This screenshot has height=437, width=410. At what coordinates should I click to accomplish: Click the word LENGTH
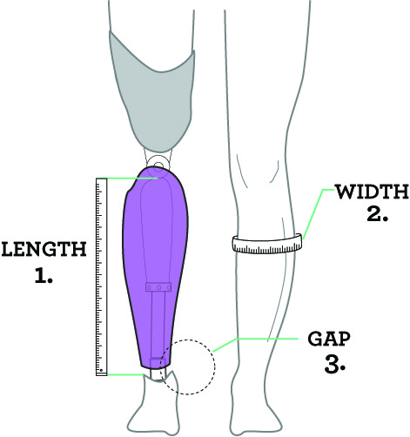point(44,249)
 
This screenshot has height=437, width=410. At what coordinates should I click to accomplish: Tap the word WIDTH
point(372,192)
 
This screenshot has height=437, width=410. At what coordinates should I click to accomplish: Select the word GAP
point(329,339)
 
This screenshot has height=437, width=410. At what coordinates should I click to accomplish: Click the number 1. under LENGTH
point(44,275)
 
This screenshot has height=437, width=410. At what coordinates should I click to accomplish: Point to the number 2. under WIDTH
point(377,215)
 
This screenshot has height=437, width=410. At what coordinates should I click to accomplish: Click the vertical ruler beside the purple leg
point(102,277)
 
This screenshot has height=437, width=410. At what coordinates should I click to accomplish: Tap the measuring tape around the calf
point(267,244)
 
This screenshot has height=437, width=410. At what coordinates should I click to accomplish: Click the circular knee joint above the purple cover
point(158,165)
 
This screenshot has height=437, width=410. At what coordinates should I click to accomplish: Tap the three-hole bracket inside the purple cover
point(158,287)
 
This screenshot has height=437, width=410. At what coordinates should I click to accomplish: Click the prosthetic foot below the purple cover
point(154,407)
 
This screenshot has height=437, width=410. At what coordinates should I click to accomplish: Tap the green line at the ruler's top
point(132,178)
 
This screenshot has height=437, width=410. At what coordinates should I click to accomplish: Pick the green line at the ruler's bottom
point(125,375)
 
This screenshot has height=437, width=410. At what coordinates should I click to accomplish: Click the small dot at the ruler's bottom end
point(101,370)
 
